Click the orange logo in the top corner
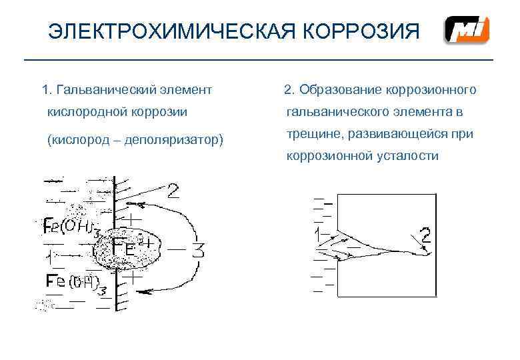[467, 31]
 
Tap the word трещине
[313, 134]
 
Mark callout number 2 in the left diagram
[173, 192]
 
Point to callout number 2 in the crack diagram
[425, 234]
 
